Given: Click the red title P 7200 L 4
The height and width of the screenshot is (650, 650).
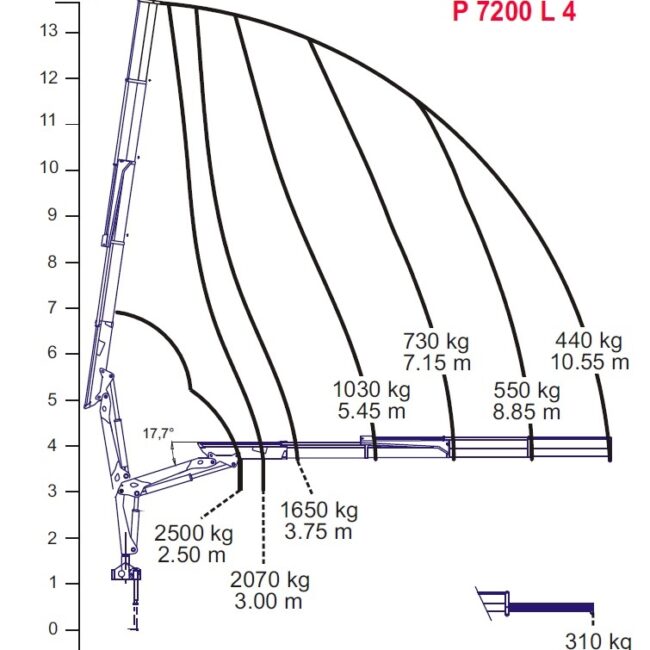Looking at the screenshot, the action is click(x=514, y=11).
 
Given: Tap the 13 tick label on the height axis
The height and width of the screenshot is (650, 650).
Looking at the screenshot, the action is click(x=49, y=31).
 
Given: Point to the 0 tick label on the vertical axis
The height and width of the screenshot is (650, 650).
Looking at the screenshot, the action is click(x=53, y=629).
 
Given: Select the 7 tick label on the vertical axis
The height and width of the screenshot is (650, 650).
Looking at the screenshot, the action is click(x=52, y=308).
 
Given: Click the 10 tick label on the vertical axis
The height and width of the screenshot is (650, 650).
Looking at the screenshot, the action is click(x=49, y=168).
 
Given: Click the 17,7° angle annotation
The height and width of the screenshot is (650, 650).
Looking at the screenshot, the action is click(x=158, y=434).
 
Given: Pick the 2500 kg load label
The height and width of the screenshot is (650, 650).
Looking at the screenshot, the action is click(x=194, y=533).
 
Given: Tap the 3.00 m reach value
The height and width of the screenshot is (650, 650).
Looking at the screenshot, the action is click(x=268, y=601).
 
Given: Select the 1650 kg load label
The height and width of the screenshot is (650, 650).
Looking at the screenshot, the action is click(x=319, y=510).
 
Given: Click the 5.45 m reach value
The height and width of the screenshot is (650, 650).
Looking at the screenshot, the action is click(x=371, y=411).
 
